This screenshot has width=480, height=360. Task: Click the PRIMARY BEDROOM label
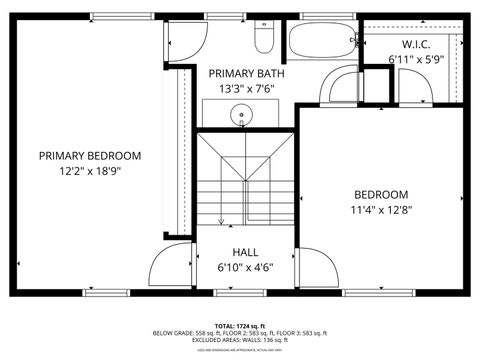point(90,156)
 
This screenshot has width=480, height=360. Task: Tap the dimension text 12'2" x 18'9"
point(90,171)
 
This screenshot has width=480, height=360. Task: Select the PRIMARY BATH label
point(246,73)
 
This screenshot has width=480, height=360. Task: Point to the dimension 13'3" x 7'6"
point(246,88)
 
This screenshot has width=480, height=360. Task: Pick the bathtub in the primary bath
point(322,41)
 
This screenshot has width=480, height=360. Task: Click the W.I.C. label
point(415,45)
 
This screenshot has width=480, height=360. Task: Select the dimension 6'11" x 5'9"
point(415,60)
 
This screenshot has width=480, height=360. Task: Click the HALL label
point(246,252)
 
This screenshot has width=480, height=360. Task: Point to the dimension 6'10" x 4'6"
point(246,267)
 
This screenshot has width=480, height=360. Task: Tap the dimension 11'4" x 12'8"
point(381,210)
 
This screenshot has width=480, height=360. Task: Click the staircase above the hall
point(245,180)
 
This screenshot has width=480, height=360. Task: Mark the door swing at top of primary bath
point(182,40)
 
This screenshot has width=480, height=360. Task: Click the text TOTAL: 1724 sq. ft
point(239,326)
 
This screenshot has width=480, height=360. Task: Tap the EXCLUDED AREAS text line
point(239,340)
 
